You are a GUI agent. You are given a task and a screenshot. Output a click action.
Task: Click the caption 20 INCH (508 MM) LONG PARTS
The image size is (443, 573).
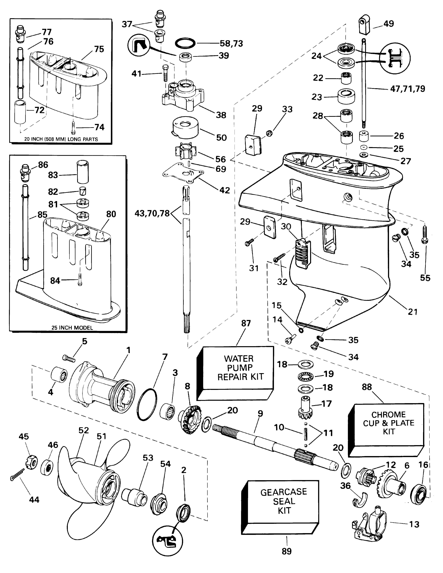61,139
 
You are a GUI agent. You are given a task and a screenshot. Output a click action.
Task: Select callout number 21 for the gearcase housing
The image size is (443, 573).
412,312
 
